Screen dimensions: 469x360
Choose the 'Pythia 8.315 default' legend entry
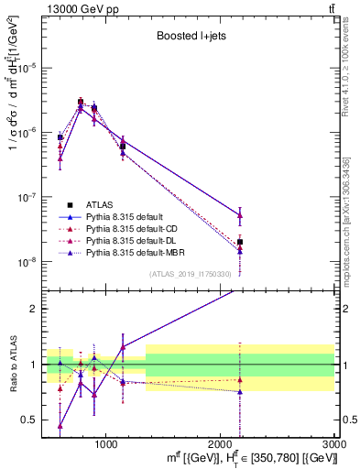[125, 217]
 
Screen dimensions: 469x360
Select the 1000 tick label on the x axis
[106, 443]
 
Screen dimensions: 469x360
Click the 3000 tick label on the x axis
[334, 443]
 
